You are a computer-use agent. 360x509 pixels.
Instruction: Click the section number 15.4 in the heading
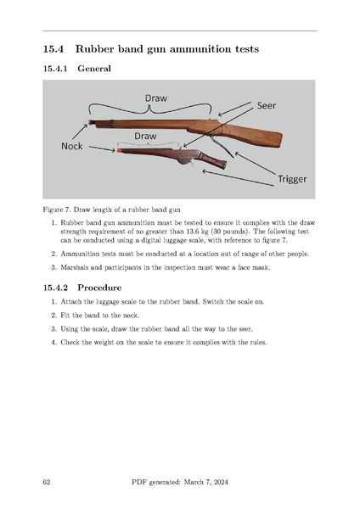[x=53, y=49]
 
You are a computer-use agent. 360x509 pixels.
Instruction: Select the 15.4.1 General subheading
[x=77, y=69]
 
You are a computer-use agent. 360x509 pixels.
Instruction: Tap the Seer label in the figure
[x=267, y=105]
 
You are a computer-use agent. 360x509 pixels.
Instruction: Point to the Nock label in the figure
[x=72, y=146]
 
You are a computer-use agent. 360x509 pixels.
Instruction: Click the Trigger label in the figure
[x=292, y=179]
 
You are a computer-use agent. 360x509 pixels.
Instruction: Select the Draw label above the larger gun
[x=156, y=98]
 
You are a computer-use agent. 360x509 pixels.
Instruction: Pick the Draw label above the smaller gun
[x=145, y=136]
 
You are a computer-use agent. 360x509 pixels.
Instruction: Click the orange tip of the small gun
[x=120, y=150]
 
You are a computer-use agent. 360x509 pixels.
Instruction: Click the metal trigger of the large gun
[x=222, y=147]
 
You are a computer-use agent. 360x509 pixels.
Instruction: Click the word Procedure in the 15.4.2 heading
[x=99, y=288]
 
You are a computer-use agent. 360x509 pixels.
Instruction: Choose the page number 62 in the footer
[x=47, y=482]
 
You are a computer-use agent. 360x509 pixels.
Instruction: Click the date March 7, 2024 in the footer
[x=206, y=482]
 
